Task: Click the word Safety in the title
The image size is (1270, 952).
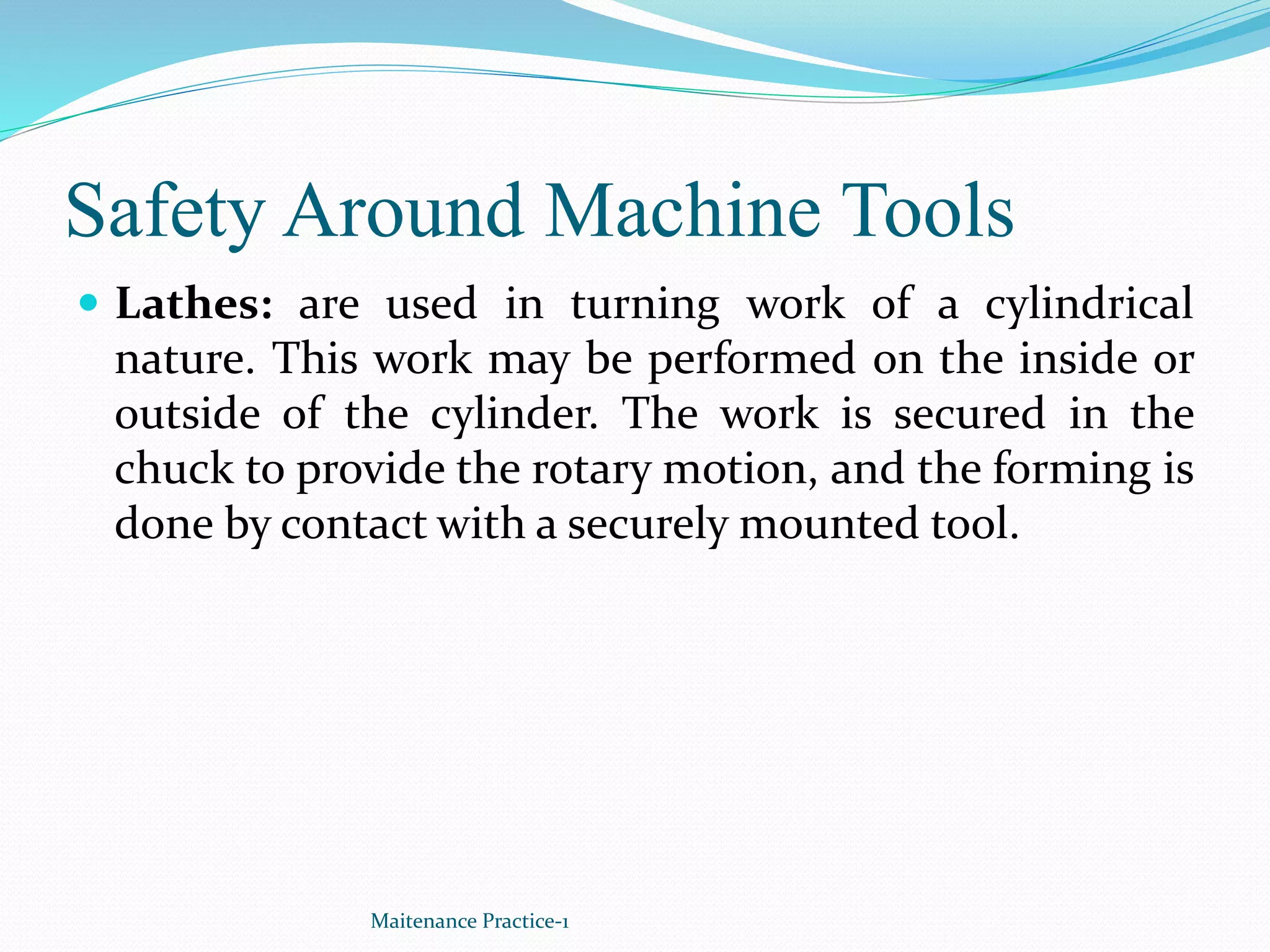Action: [x=166, y=213]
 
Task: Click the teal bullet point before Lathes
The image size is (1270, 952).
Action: [x=90, y=303]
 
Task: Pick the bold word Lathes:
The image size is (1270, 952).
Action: [x=194, y=304]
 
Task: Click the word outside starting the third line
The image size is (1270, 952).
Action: [x=187, y=413]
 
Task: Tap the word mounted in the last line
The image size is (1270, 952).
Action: [x=828, y=524]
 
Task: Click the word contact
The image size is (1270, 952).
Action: [x=353, y=524]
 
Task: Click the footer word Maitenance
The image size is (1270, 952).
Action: [x=424, y=921]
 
